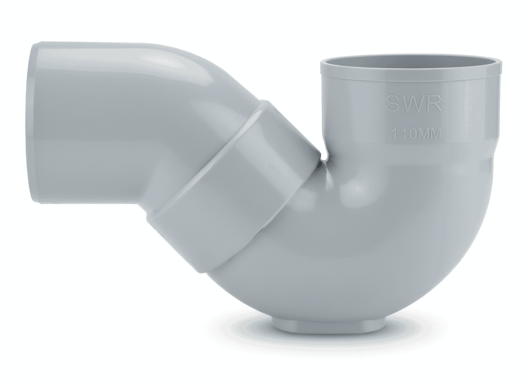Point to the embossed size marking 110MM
(x=415, y=134)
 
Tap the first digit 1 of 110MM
(x=392, y=134)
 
